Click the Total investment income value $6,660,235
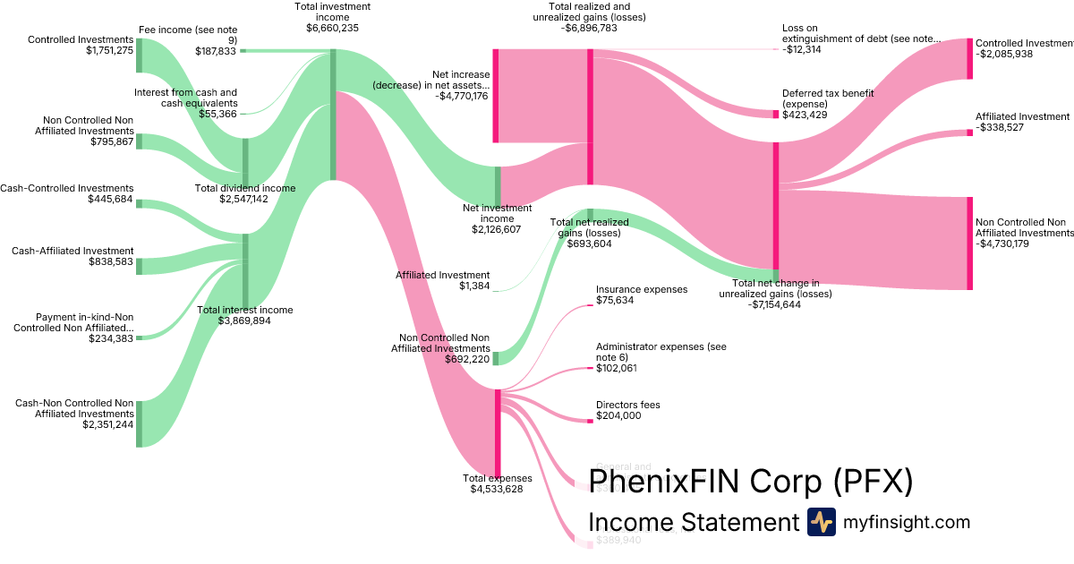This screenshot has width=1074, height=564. pyautogui.click(x=332, y=28)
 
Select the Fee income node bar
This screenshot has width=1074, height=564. pyautogui.click(x=243, y=51)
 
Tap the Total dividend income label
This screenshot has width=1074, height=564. pyautogui.click(x=244, y=188)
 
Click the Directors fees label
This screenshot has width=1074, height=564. pyautogui.click(x=627, y=405)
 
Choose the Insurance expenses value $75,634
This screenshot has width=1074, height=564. pyautogui.click(x=615, y=300)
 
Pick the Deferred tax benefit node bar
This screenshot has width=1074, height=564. pyautogui.click(x=775, y=115)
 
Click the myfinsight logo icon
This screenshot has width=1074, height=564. pyautogui.click(x=821, y=522)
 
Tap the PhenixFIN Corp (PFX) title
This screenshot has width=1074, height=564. pyautogui.click(x=750, y=482)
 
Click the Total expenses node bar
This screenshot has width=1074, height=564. pyautogui.click(x=498, y=433)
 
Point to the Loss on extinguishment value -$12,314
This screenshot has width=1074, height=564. pyautogui.click(x=802, y=49)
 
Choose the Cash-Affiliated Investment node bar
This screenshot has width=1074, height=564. pyautogui.click(x=139, y=265)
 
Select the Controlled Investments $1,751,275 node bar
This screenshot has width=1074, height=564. pyautogui.click(x=139, y=56)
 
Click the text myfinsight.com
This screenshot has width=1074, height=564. pyautogui.click(x=906, y=522)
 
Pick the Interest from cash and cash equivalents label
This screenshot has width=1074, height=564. pyautogui.click(x=185, y=98)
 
